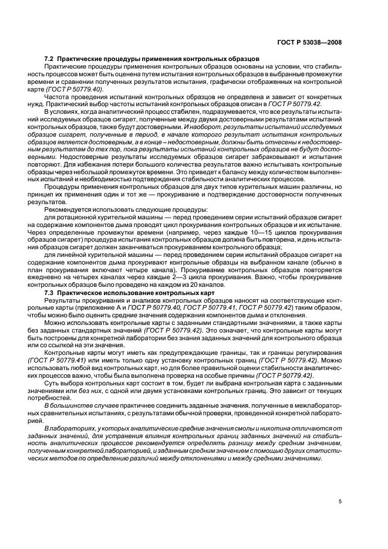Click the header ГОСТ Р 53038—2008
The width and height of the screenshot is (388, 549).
coord(309,42)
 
